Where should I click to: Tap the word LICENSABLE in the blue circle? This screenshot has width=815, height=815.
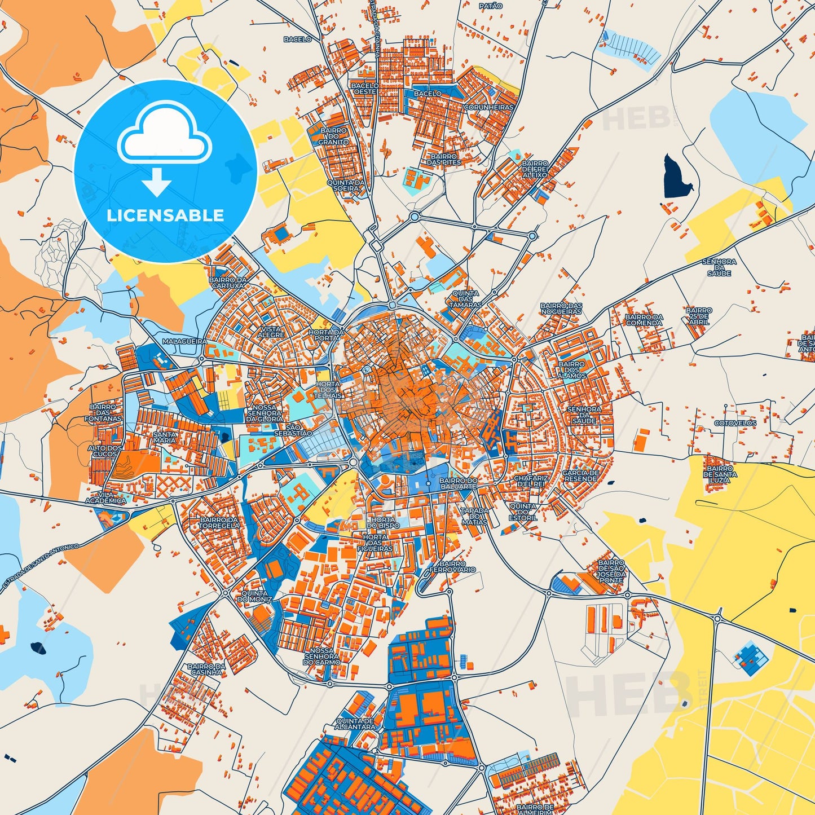[x=165, y=215]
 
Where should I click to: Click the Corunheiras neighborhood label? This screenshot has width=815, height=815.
[x=488, y=107]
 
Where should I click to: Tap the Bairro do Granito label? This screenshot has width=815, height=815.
[x=333, y=136]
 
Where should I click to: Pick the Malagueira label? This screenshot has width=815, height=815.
[x=184, y=341]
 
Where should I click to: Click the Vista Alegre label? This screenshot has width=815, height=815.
[x=271, y=332]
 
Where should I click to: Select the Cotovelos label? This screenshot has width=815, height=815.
[x=735, y=423]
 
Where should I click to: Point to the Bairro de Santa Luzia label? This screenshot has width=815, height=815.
[x=720, y=474]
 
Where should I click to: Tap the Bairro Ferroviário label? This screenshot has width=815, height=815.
[x=452, y=566]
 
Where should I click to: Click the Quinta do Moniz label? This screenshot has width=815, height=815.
[x=254, y=596]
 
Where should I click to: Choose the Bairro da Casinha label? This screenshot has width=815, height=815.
[x=206, y=669]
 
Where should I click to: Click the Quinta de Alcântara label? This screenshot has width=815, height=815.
[x=355, y=724]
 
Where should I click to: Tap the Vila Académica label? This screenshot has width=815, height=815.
[x=106, y=497]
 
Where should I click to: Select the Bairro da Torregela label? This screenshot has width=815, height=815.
[x=219, y=522]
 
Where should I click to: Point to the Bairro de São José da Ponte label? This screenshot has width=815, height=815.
[x=611, y=571]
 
